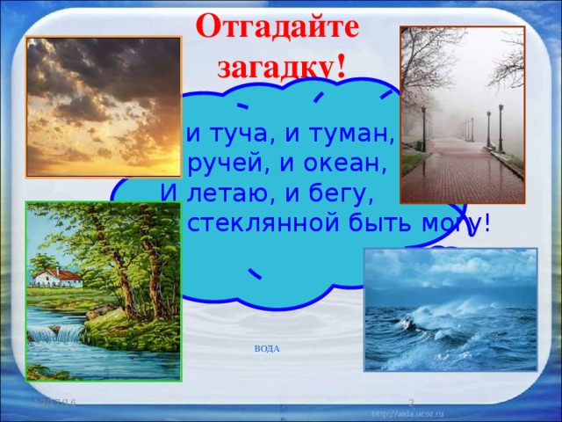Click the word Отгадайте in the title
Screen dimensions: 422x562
tap(277, 24)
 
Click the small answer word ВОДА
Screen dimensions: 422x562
tap(267, 349)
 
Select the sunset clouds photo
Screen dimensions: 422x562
tap(104, 94)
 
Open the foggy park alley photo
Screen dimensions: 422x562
tap(462, 114)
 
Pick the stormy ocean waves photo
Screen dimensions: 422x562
tap(450, 309)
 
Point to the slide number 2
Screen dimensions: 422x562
tap(410, 402)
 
